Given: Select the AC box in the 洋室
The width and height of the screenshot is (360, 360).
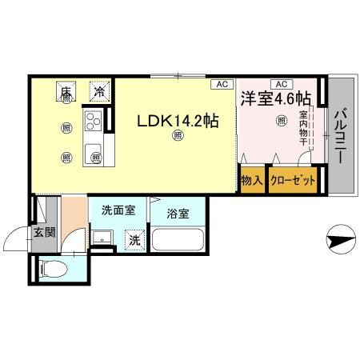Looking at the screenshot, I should pyautogui.click(x=281, y=83).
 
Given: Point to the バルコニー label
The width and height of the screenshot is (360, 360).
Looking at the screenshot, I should pyautogui.click(x=341, y=135).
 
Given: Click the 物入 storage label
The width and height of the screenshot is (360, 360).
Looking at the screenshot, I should pyautogui.click(x=252, y=180).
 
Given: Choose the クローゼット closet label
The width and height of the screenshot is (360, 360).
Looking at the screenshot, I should pyautogui.click(x=293, y=180).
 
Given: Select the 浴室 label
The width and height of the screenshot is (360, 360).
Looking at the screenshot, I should pyautogui.click(x=178, y=214).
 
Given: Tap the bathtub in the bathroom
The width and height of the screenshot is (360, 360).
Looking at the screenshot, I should pyautogui.click(x=178, y=239).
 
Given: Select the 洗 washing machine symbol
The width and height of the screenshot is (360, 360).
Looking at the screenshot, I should pyautogui.click(x=135, y=239).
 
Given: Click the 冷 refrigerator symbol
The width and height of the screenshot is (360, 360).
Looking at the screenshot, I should pyautogui.click(x=99, y=91).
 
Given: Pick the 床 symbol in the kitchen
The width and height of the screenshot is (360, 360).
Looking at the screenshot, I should pyautogui.click(x=66, y=91).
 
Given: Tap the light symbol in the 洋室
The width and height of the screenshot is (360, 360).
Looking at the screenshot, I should pyautogui.click(x=281, y=122).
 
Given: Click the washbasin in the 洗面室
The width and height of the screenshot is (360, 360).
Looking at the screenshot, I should pyautogui.click(x=102, y=238).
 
